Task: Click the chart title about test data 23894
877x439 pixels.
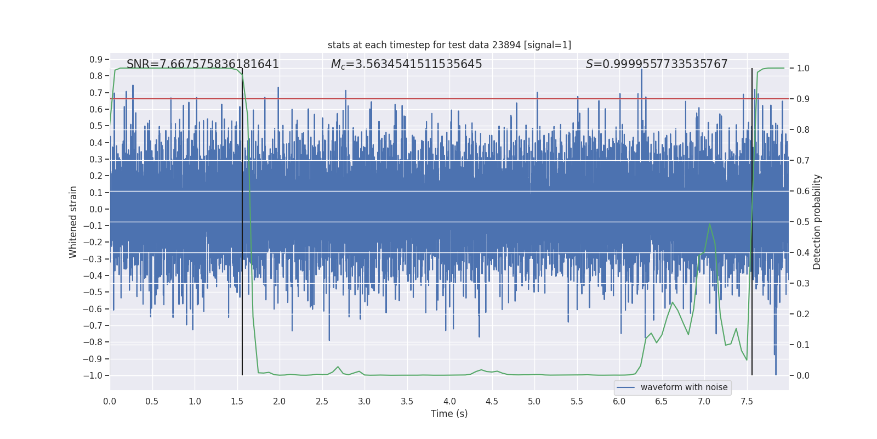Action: point(449,45)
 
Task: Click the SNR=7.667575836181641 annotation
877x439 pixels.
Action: point(203,64)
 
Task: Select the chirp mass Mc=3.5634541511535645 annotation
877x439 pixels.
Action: point(406,64)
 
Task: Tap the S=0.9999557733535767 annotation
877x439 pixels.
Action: point(657,64)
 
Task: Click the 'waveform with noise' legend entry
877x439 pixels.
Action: point(684,387)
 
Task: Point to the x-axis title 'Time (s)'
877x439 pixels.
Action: point(449,414)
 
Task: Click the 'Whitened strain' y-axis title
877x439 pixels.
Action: point(73,222)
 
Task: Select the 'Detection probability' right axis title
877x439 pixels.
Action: point(817,222)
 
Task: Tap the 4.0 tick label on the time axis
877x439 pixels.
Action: point(449,402)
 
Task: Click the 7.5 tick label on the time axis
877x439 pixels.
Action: point(747,402)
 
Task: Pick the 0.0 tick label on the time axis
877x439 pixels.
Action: point(110,402)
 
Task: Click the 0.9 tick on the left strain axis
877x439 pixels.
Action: point(96,59)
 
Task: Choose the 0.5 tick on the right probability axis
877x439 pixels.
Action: point(803,222)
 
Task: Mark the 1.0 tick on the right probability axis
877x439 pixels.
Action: point(803,69)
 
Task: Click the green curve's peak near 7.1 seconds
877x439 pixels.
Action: point(710,224)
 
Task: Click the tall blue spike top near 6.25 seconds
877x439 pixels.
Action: point(641,70)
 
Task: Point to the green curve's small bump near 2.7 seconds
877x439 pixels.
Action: point(338,367)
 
